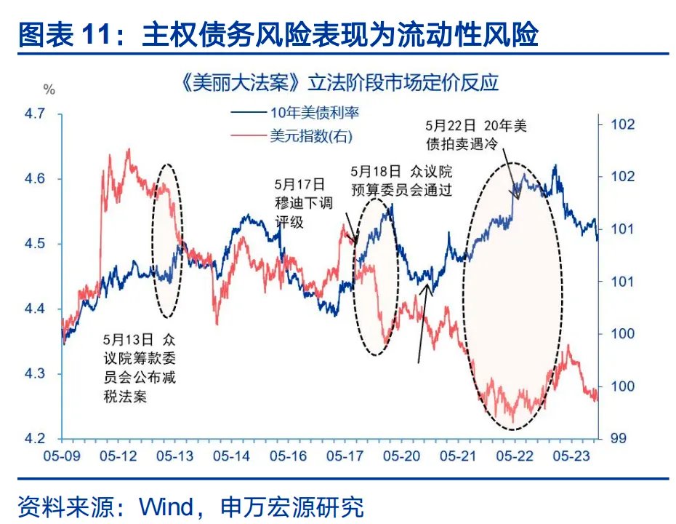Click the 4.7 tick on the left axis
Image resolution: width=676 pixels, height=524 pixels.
coord(35,114)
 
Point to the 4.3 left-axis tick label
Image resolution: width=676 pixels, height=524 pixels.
coord(35,374)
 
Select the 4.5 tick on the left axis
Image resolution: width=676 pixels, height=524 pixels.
coord(35,244)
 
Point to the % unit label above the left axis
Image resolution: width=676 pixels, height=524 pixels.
coord(49,90)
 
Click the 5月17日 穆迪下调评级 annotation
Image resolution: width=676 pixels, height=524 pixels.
coord(298,202)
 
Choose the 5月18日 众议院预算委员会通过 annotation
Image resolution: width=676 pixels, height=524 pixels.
coord(401,181)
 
